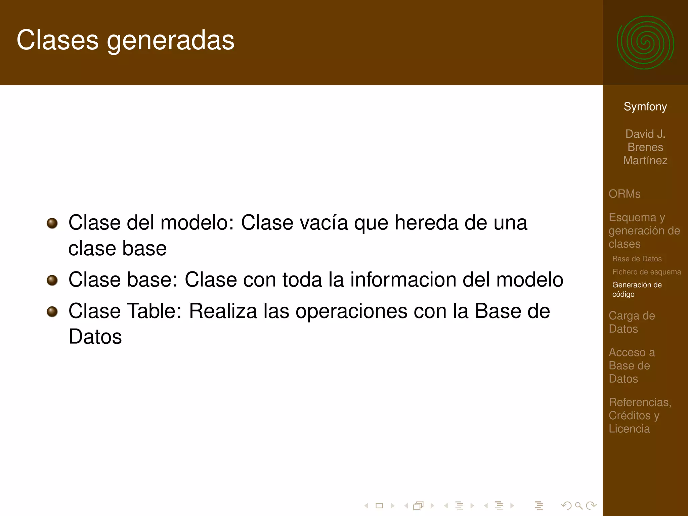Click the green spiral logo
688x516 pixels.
tap(645, 43)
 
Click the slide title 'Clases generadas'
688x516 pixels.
tap(125, 40)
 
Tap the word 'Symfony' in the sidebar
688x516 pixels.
tap(645, 106)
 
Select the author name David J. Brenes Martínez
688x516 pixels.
tap(645, 147)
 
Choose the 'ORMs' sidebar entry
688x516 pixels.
tap(625, 194)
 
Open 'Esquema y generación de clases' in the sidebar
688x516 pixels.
tap(644, 230)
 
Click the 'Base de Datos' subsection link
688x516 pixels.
tap(637, 259)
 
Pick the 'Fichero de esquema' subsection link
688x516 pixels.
tap(646, 272)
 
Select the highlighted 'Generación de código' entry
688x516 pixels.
tap(637, 289)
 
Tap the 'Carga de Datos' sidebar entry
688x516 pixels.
tap(632, 322)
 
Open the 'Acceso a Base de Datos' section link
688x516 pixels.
tap(632, 365)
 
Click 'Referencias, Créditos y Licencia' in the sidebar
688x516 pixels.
tap(640, 415)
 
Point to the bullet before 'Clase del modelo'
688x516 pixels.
tap(52, 223)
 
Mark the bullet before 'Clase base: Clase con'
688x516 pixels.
tap(52, 280)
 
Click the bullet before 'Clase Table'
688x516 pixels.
tap(52, 311)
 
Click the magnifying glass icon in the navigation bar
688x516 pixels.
tap(578, 505)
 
